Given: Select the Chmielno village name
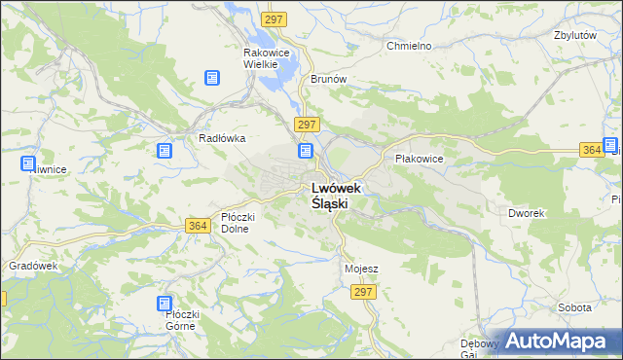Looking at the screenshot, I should pos(408,46).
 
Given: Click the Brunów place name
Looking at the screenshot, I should pos(302,79).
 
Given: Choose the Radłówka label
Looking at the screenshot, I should pos(221,138).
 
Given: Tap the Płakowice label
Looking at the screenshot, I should pos(420,158).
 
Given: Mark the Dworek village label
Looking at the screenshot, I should pos(526,212).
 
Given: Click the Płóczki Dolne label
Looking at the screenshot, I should pos(238,223).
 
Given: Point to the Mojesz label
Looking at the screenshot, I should pos(361,268).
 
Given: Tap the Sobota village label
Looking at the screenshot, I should pos(574,307).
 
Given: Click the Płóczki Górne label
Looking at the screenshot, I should pos(182,320).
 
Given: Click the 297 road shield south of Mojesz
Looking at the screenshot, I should pos(364,292).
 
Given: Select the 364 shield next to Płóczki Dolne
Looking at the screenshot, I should pos(198,226).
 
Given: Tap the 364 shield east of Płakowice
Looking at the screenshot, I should pos(589,149).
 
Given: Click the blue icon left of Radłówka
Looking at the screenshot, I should pos(165,151).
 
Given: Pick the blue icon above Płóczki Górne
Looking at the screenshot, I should pos(165,304).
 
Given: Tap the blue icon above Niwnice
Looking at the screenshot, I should pos(27,162).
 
